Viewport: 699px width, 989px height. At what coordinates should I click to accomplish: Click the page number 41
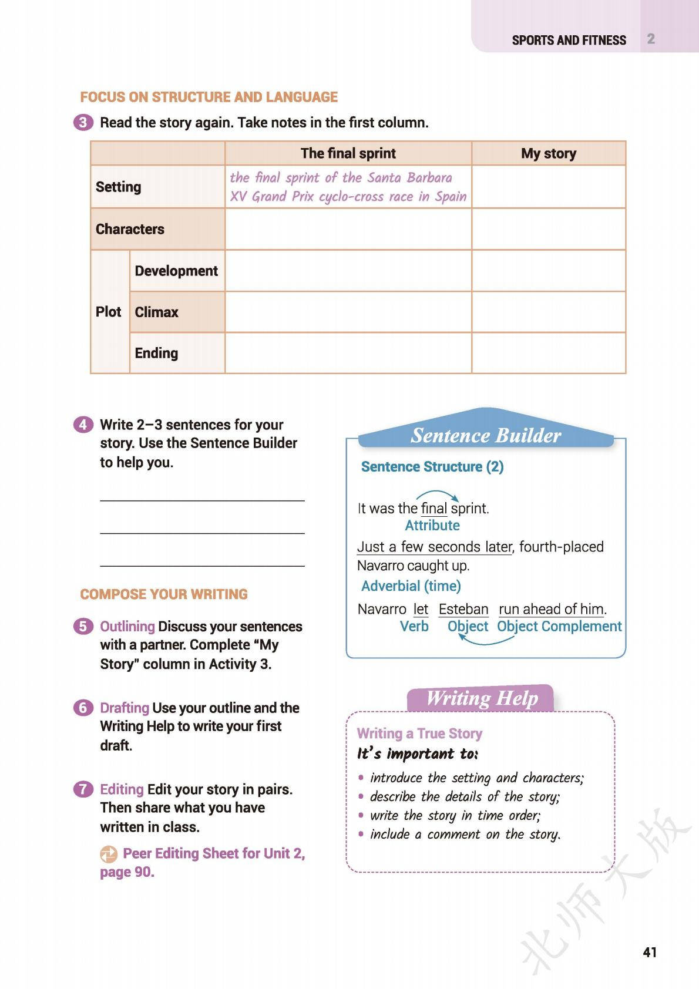pos(649,952)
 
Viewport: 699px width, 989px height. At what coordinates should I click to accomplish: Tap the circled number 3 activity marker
pos(83,123)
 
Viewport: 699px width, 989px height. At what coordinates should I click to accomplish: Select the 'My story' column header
pos(548,153)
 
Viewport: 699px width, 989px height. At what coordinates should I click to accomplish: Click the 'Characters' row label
pos(130,229)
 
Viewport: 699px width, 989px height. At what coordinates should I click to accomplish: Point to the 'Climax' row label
pos(156,312)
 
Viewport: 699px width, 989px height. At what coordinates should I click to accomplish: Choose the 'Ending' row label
pos(156,353)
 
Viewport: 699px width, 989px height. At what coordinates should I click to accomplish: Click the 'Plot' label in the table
pos(108,312)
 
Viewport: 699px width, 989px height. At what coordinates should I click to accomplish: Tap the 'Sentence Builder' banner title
pos(485,435)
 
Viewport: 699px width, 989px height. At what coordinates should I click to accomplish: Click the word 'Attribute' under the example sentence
pos(432,526)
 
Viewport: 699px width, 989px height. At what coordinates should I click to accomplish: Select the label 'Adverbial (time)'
pos(411,586)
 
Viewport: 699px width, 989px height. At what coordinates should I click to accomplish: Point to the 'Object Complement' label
pos(559,627)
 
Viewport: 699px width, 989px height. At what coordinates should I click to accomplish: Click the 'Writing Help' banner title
pos(482,698)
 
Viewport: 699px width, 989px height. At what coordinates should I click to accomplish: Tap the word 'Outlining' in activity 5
pos(127,627)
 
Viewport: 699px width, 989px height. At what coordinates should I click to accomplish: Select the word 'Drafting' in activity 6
pos(125,708)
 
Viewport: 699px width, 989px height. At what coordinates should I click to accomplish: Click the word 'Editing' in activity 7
pos(122,789)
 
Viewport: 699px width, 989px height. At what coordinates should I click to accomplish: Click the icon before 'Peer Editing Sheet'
pos(109,854)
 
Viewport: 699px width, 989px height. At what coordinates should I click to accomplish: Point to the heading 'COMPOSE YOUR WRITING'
pos(164,594)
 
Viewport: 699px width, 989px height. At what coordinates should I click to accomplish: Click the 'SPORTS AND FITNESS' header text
pos(569,41)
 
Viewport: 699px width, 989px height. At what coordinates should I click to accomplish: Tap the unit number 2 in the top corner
pos(651,39)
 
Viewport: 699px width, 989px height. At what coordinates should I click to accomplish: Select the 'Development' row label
pos(176,271)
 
